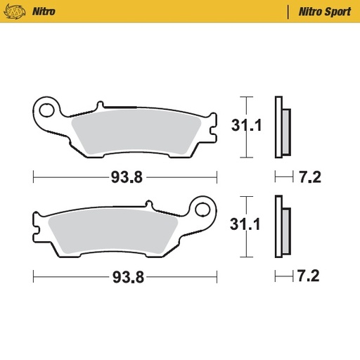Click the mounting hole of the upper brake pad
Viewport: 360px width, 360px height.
point(49,109)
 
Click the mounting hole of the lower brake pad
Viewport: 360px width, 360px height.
point(204,210)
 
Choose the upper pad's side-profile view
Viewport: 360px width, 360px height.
point(281,127)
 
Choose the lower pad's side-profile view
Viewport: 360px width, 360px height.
point(281,226)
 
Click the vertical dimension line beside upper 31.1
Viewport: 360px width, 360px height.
point(245,127)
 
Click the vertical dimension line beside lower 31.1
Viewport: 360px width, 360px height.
point(245,226)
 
